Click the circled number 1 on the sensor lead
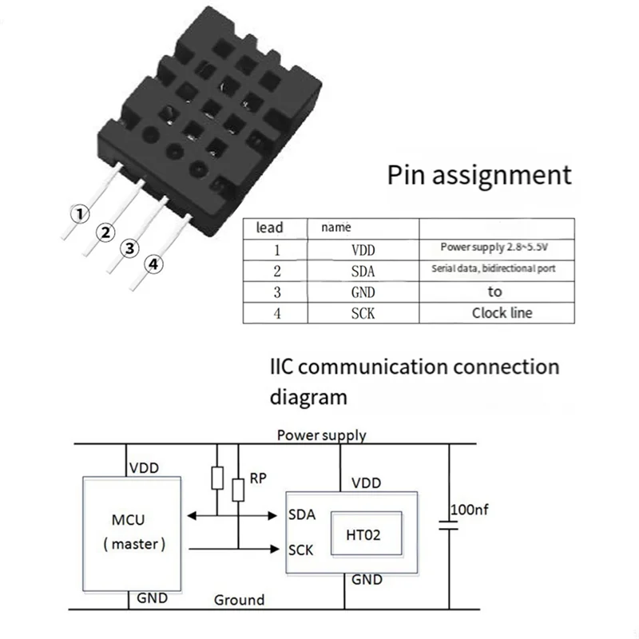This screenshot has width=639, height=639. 77,214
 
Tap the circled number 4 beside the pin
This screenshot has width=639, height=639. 153,265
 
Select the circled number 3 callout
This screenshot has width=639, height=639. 129,248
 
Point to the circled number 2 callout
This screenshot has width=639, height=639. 104,232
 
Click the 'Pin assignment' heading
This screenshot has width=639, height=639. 479,175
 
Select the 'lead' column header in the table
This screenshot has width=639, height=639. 270,228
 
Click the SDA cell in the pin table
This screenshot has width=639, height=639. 363,271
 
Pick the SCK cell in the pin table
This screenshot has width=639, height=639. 363,313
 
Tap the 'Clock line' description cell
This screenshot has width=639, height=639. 501,313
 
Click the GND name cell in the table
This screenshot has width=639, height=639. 363,292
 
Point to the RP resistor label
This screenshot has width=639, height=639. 258,478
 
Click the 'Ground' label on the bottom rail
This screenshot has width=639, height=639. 239,600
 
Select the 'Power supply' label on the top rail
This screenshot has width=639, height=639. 321,435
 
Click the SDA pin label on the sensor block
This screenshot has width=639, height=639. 302,515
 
